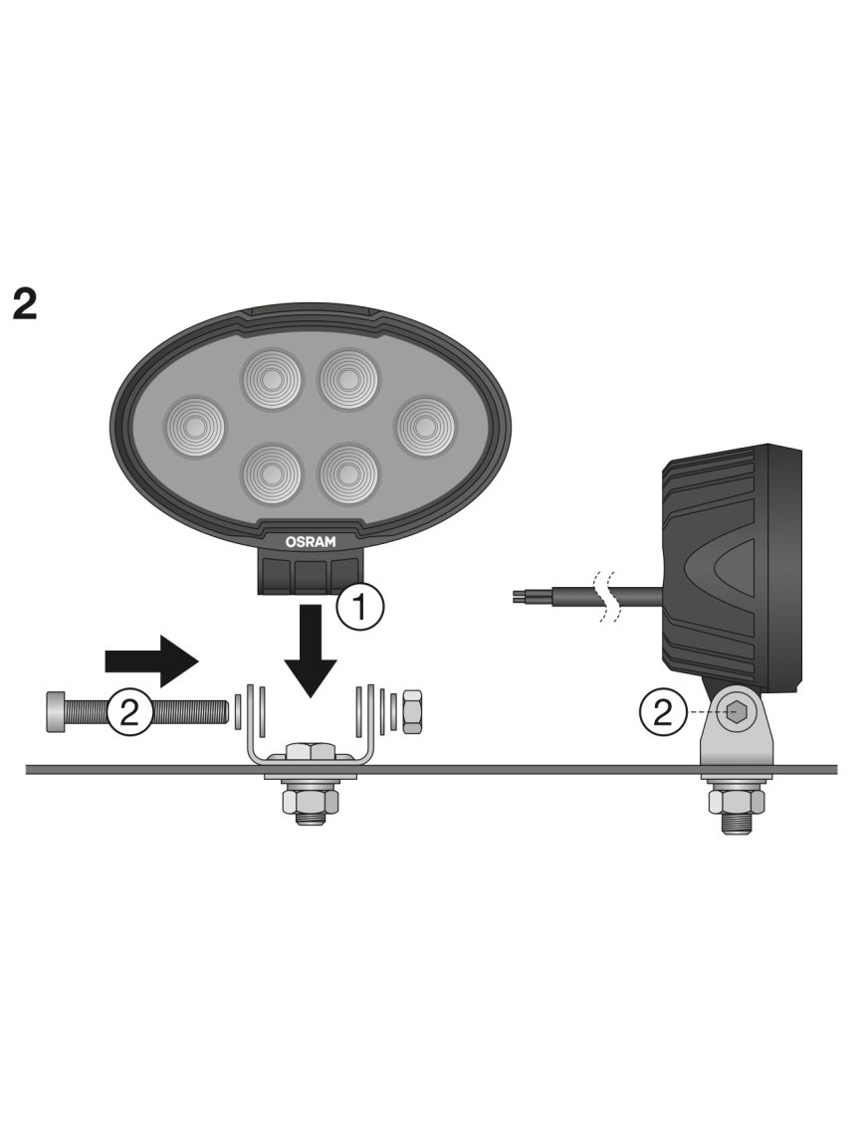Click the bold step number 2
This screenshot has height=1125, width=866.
click(x=25, y=303)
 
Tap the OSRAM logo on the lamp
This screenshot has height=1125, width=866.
click(x=311, y=541)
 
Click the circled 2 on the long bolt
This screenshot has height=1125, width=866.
click(x=129, y=711)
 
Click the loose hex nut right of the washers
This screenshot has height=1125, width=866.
click(x=415, y=711)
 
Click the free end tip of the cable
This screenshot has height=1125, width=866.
click(x=515, y=597)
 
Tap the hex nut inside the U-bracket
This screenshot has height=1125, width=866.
click(x=311, y=753)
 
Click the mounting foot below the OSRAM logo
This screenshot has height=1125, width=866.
click(x=310, y=575)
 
